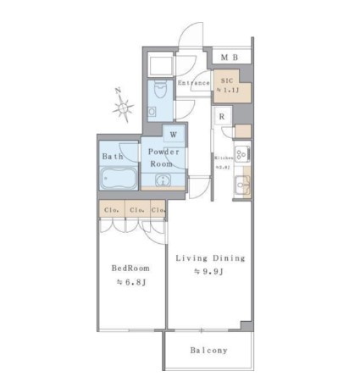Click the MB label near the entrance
pyautogui.click(x=230, y=58)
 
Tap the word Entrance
pyautogui.click(x=194, y=83)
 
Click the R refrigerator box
pyautogui.click(x=221, y=117)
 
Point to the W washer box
pyautogui.click(x=173, y=134)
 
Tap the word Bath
pyautogui.click(x=113, y=157)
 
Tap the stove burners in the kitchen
pyautogui.click(x=240, y=154)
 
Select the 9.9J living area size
pyautogui.click(x=208, y=272)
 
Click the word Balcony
pyautogui.click(x=208, y=350)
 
